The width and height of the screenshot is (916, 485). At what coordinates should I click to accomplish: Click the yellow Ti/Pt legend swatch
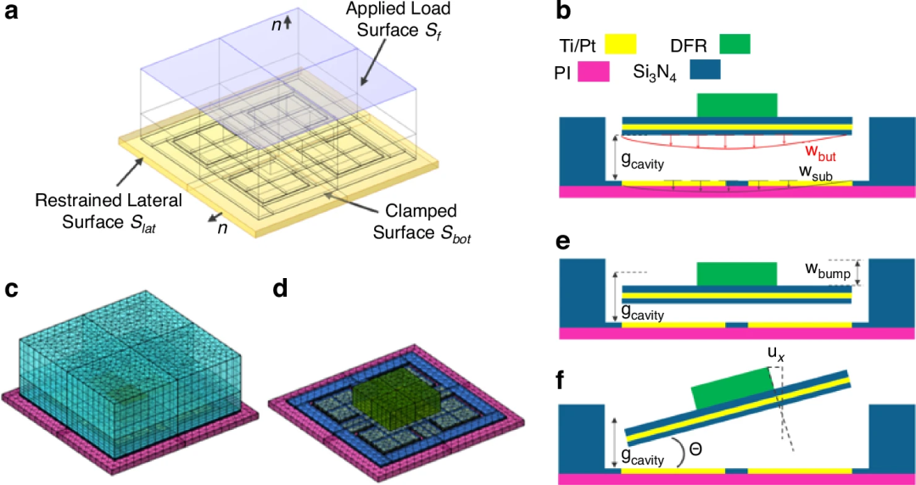[x=621, y=44]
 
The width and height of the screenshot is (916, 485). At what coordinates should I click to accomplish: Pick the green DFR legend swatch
[x=734, y=44]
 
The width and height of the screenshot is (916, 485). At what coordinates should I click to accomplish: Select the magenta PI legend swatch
[x=595, y=71]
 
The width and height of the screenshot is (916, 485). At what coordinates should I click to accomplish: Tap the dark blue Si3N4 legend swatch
[x=705, y=70]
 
